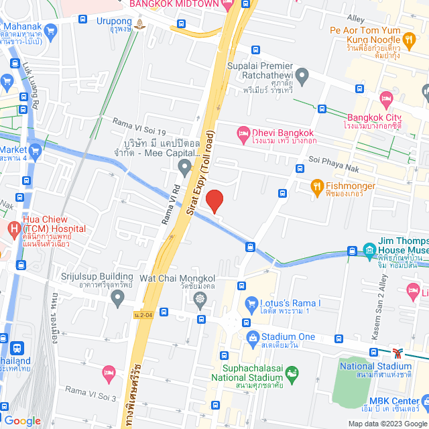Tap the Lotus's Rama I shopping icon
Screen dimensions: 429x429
pos(252,303)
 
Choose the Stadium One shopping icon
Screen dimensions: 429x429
pos(252,336)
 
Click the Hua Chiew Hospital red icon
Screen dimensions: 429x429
pos(14,229)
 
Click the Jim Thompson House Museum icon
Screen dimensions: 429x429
pos(369,251)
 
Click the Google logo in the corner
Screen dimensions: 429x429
pos(21,420)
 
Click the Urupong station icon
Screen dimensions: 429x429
pos(139,25)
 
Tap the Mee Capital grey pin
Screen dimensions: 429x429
pos(185,165)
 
